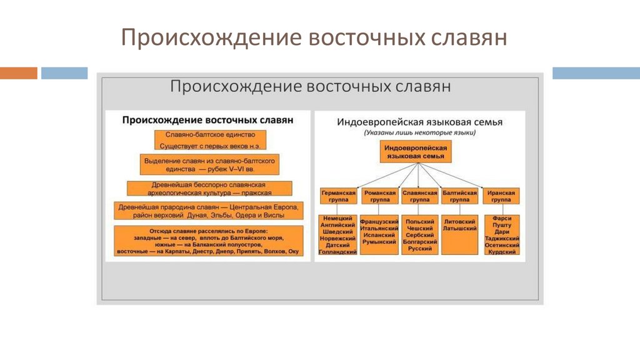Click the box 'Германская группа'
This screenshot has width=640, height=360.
click(x=338, y=196)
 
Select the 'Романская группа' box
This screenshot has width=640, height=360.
click(x=379, y=196)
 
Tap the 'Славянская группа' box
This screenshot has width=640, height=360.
click(x=419, y=196)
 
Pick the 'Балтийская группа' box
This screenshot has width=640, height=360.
click(x=459, y=196)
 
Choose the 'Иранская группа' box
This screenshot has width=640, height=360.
click(x=501, y=196)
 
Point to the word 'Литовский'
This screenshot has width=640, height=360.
click(x=459, y=221)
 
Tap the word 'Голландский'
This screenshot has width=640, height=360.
click(x=338, y=251)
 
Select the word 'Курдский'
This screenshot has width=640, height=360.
click(x=501, y=252)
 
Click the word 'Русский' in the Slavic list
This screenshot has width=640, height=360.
click(x=419, y=249)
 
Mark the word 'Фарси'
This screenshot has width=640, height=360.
click(x=501, y=219)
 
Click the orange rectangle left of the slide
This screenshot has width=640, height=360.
click(x=18, y=73)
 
